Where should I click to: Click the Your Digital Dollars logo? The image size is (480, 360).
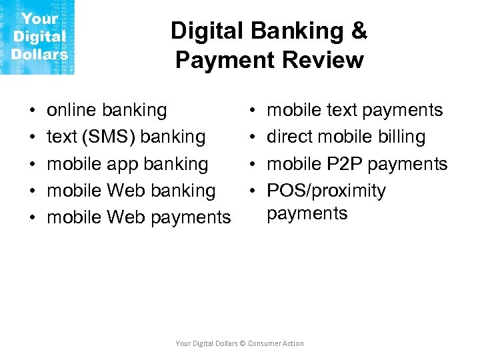click(38, 37)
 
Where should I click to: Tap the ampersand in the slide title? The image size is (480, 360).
click(359, 31)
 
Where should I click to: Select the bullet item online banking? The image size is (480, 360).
click(107, 110)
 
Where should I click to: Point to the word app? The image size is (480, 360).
click(121, 164)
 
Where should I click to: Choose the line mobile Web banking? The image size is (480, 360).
click(131, 191)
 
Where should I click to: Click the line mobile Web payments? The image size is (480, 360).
click(139, 217)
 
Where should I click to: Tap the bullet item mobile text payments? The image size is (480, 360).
click(355, 110)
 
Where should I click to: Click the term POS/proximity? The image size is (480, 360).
click(326, 191)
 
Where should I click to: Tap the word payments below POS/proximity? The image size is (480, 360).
click(307, 214)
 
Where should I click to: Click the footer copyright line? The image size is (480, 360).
click(239, 343)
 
